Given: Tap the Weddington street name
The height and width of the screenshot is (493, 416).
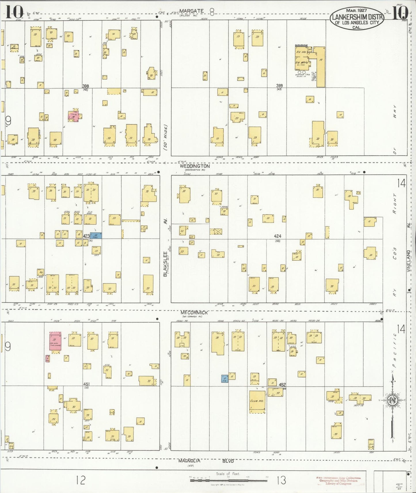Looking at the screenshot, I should (195, 166).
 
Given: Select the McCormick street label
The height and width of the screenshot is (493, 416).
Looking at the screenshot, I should (194, 313).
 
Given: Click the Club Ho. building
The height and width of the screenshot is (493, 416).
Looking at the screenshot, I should (257, 402).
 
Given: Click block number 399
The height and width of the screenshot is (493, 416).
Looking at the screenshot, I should (279, 85).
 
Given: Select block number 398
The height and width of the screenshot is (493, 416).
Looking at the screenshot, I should (86, 86).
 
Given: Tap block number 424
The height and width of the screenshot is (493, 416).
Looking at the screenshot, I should (278, 236).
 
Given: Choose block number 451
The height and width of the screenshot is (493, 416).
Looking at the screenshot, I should (86, 384).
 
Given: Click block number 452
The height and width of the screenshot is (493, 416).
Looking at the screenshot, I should (282, 385).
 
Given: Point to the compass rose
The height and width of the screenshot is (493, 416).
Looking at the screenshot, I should (392, 400).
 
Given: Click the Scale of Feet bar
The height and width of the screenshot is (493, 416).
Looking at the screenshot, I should (228, 481).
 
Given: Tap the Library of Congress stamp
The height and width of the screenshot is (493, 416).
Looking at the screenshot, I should (339, 481).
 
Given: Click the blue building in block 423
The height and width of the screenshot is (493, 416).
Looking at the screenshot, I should (96, 236).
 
